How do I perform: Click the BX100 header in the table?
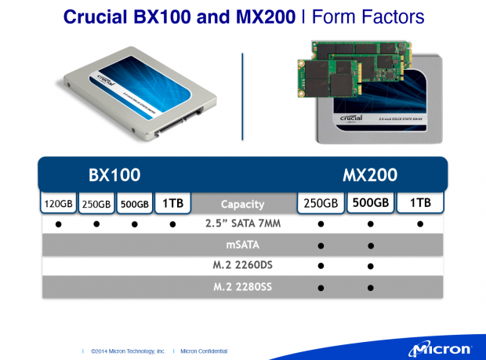(114, 173)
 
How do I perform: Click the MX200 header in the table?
(369, 173)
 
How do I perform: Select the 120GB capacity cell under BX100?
(58, 203)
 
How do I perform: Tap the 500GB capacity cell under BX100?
(134, 203)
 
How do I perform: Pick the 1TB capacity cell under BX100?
(172, 203)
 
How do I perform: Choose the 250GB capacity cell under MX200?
(320, 203)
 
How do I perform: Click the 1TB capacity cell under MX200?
(420, 203)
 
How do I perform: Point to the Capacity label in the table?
(242, 204)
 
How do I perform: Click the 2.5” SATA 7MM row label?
(242, 224)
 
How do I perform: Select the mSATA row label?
(242, 245)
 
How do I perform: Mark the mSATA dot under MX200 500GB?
(369, 245)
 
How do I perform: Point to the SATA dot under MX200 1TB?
(420, 224)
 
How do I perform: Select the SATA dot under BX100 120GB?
(58, 224)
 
